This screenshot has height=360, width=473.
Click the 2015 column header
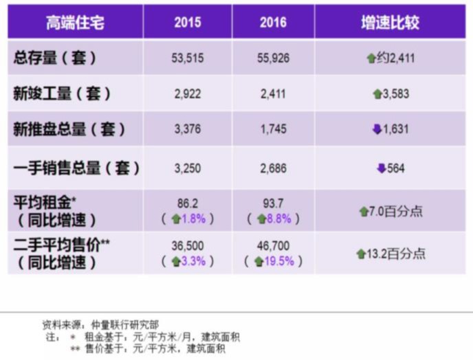[188, 22]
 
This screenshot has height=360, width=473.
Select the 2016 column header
[273, 22]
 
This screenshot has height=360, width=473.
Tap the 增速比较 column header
[390, 22]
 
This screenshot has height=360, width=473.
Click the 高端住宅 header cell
[75, 22]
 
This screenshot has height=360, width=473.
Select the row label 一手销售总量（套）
[76, 167]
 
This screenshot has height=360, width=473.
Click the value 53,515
[188, 58]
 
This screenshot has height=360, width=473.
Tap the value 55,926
[273, 58]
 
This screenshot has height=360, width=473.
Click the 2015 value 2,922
[188, 94]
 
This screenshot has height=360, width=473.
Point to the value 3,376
[188, 130]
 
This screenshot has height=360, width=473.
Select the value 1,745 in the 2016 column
[273, 130]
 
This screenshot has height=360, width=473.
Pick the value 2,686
[273, 167]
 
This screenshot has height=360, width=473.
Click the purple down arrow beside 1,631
[377, 130]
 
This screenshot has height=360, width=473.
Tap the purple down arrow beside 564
[381, 168]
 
